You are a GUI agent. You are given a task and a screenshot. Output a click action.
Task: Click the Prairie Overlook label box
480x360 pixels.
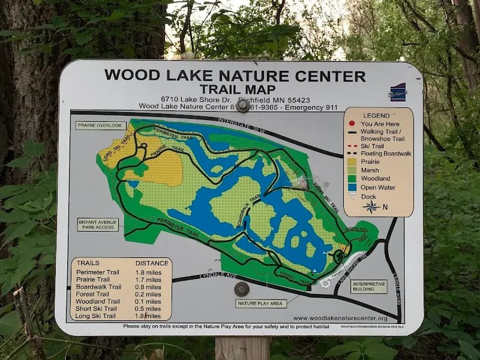click(x=100, y=126)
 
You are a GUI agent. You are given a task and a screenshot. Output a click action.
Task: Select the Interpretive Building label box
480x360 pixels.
click(x=368, y=286)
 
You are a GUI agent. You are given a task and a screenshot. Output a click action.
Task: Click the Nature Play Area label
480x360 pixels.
click(x=260, y=304)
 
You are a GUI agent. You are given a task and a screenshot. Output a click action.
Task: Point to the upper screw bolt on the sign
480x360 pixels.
click(x=243, y=106)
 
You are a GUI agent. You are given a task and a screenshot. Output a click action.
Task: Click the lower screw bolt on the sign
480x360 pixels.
click(x=241, y=289)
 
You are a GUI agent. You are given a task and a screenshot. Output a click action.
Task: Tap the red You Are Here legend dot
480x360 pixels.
click(x=353, y=124)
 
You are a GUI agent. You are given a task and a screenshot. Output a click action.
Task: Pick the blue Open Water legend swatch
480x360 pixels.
click(x=353, y=187)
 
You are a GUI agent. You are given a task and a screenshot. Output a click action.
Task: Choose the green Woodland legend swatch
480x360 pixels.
click(x=353, y=179)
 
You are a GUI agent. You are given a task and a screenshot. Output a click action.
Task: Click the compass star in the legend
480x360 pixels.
click(x=371, y=207)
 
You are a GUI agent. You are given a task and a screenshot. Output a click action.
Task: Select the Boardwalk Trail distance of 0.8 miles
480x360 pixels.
click(x=148, y=287)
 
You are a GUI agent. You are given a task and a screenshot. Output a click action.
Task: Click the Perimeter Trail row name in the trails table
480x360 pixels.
click(x=93, y=272)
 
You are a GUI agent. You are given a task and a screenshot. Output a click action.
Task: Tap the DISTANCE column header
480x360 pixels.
click(x=148, y=263)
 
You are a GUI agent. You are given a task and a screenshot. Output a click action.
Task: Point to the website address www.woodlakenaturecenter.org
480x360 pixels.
click(x=340, y=318)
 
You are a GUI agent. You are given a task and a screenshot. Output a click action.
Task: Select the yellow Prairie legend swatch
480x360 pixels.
click(x=353, y=161)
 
